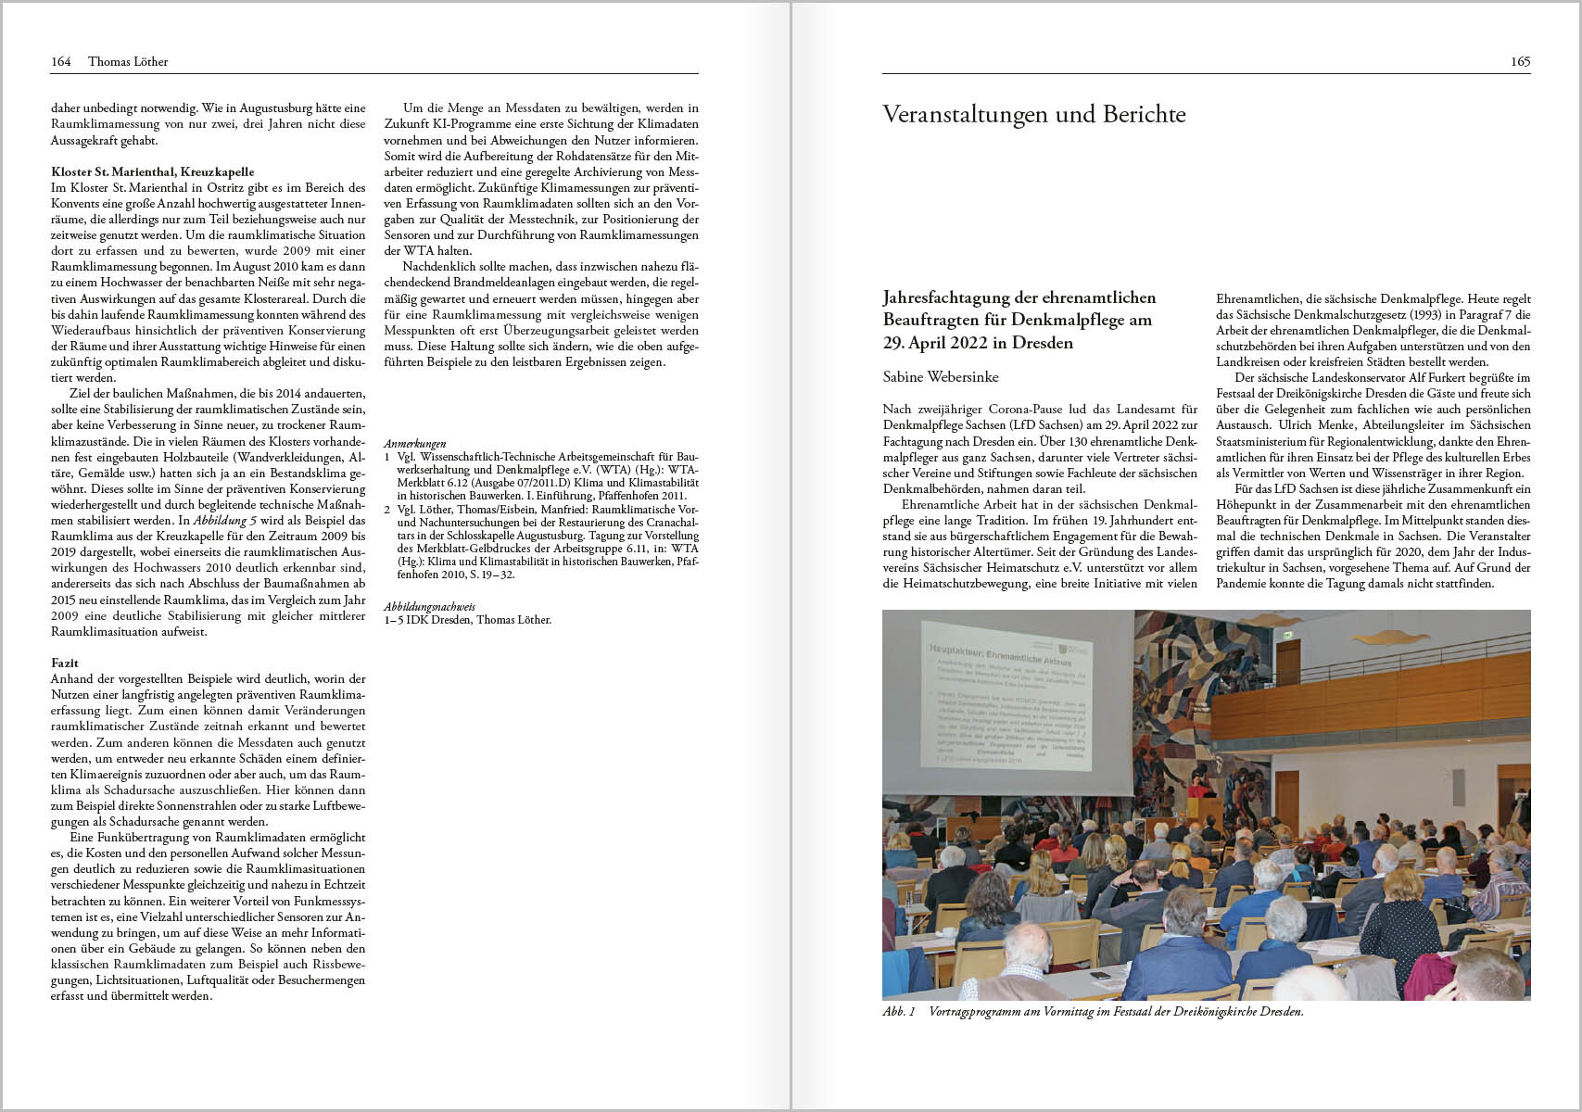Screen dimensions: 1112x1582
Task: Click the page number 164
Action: click(60, 62)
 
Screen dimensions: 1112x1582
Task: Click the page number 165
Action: click(1520, 62)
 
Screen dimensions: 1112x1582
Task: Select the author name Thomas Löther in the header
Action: click(128, 62)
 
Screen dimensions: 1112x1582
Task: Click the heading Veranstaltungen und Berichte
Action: click(1033, 114)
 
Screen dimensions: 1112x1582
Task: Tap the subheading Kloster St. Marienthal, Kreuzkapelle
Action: click(152, 171)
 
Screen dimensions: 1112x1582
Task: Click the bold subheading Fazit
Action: click(65, 663)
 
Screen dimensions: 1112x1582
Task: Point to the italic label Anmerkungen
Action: click(414, 444)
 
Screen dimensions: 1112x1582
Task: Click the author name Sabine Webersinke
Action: click(941, 376)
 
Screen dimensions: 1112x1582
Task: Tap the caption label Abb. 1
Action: click(898, 1012)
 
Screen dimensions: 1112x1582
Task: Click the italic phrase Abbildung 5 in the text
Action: click(225, 521)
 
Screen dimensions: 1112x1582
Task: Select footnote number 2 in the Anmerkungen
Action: click(387, 509)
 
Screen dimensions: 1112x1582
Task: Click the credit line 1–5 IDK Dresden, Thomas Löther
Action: click(467, 620)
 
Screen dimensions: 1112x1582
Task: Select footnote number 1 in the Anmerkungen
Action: click(387, 457)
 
